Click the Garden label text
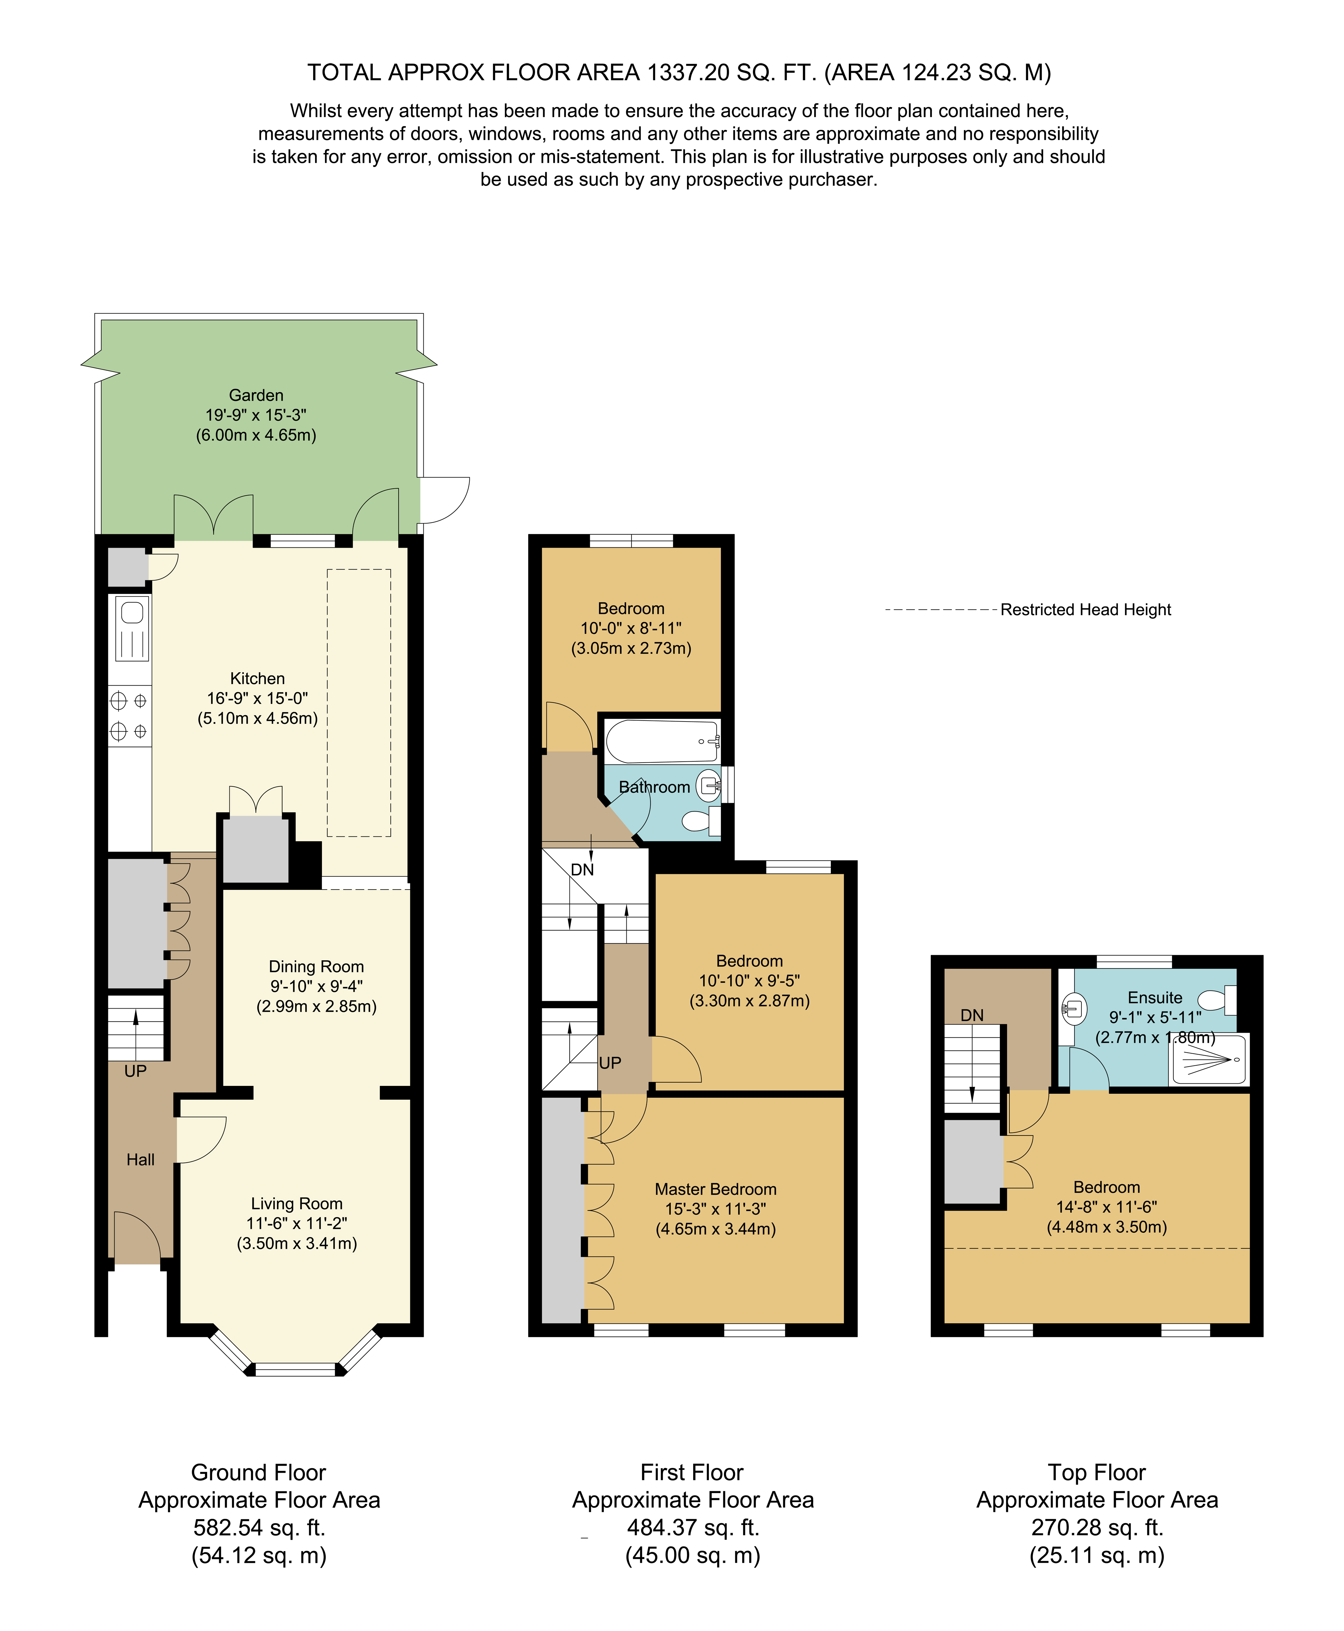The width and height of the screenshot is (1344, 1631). pos(256,396)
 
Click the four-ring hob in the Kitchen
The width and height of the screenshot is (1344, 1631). pos(129,716)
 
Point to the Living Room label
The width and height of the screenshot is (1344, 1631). pos(297,1204)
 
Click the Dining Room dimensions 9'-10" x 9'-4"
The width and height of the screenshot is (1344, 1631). pos(317,986)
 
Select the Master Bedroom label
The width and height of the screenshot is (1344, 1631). pos(715,1189)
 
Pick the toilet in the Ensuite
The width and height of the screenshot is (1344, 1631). pos(1218,1000)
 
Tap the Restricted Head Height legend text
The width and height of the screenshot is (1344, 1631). pos(1085,610)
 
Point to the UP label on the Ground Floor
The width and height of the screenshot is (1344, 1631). pos(135,1071)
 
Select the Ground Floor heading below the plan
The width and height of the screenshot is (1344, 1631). pos(259,1472)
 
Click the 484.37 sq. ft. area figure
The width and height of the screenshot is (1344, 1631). pos(693,1528)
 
